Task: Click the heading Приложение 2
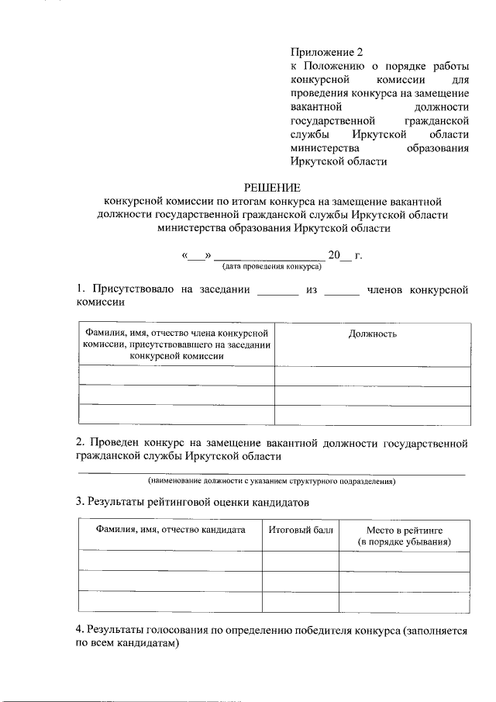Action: click(x=326, y=53)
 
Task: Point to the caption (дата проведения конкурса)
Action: click(x=272, y=266)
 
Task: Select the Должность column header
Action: click(x=372, y=334)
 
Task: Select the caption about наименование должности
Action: click(x=272, y=481)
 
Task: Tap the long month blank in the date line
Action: click(x=268, y=256)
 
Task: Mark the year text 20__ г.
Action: click(x=345, y=254)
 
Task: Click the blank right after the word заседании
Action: click(x=277, y=292)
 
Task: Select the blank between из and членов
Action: click(x=342, y=292)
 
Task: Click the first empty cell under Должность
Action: click(x=372, y=376)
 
